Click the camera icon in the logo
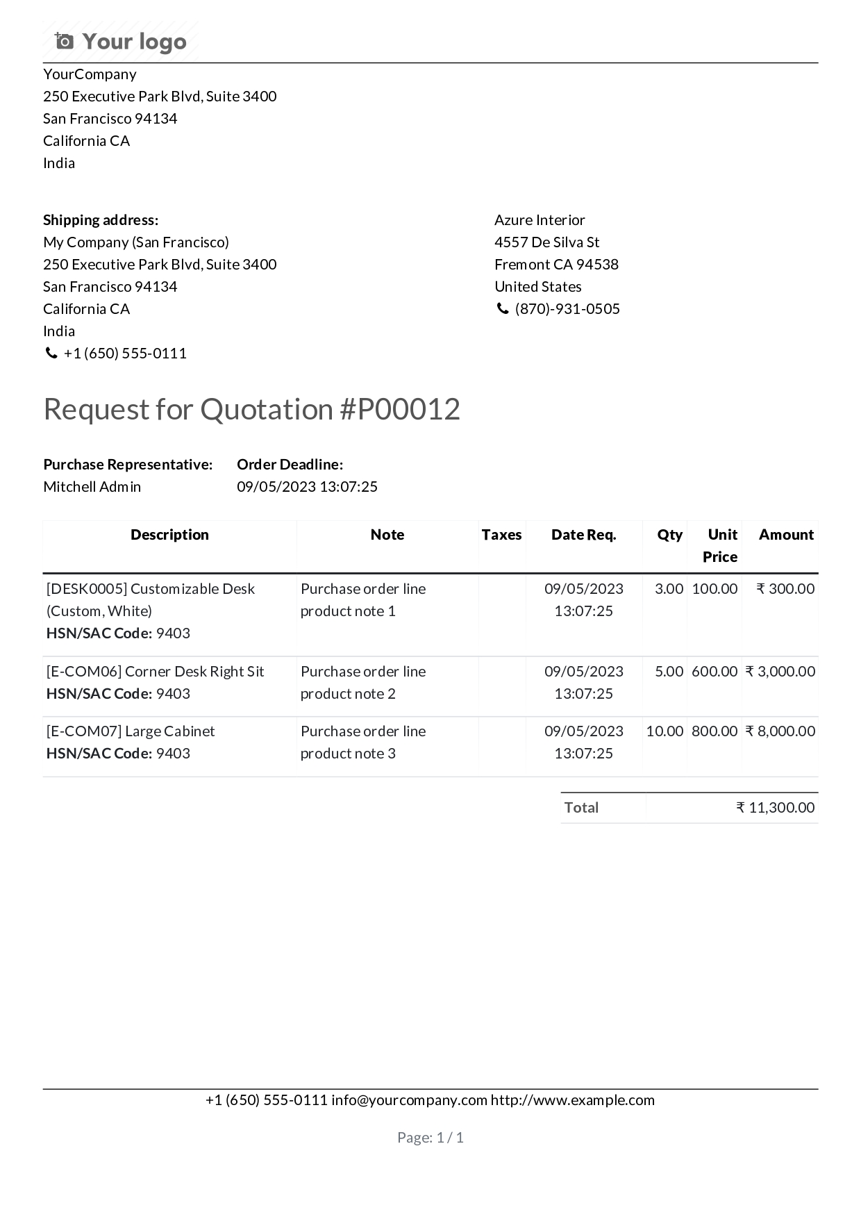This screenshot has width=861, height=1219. [x=64, y=42]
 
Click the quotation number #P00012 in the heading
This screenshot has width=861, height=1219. [x=400, y=409]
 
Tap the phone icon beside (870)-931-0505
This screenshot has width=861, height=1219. [x=502, y=309]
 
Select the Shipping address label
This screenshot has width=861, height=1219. [x=101, y=220]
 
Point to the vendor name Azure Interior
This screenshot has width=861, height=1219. [x=540, y=220]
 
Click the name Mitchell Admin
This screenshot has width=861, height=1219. [x=92, y=487]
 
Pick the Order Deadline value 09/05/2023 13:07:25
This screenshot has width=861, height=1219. [x=307, y=487]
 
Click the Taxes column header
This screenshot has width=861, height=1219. [x=501, y=535]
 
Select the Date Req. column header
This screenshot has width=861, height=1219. [x=583, y=535]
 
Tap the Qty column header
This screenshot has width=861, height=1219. [x=669, y=535]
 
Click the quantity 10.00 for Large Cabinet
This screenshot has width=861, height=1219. [x=664, y=731]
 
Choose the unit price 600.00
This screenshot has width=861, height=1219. [x=714, y=672]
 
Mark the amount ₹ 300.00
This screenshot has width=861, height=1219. [x=785, y=589]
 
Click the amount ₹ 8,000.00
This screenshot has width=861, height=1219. [x=780, y=731]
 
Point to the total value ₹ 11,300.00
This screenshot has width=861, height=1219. [x=776, y=808]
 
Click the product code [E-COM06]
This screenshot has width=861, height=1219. [x=84, y=672]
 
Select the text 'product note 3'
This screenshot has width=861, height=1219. [x=348, y=754]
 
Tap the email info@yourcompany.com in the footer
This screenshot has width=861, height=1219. [x=409, y=1100]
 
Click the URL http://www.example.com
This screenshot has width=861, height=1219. [x=573, y=1100]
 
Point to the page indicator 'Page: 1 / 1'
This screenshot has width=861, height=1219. [x=430, y=1138]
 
